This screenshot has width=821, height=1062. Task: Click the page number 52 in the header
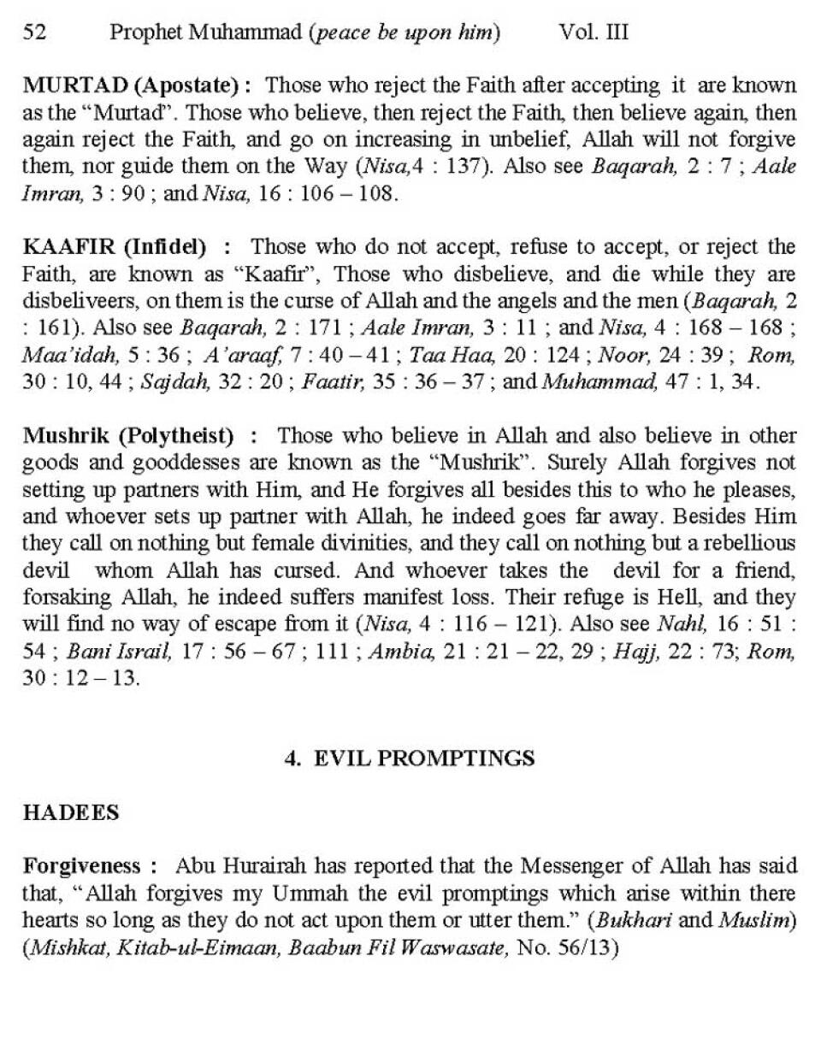34,32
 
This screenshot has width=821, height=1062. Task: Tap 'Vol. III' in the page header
594,32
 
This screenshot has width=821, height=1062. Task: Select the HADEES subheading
71,813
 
